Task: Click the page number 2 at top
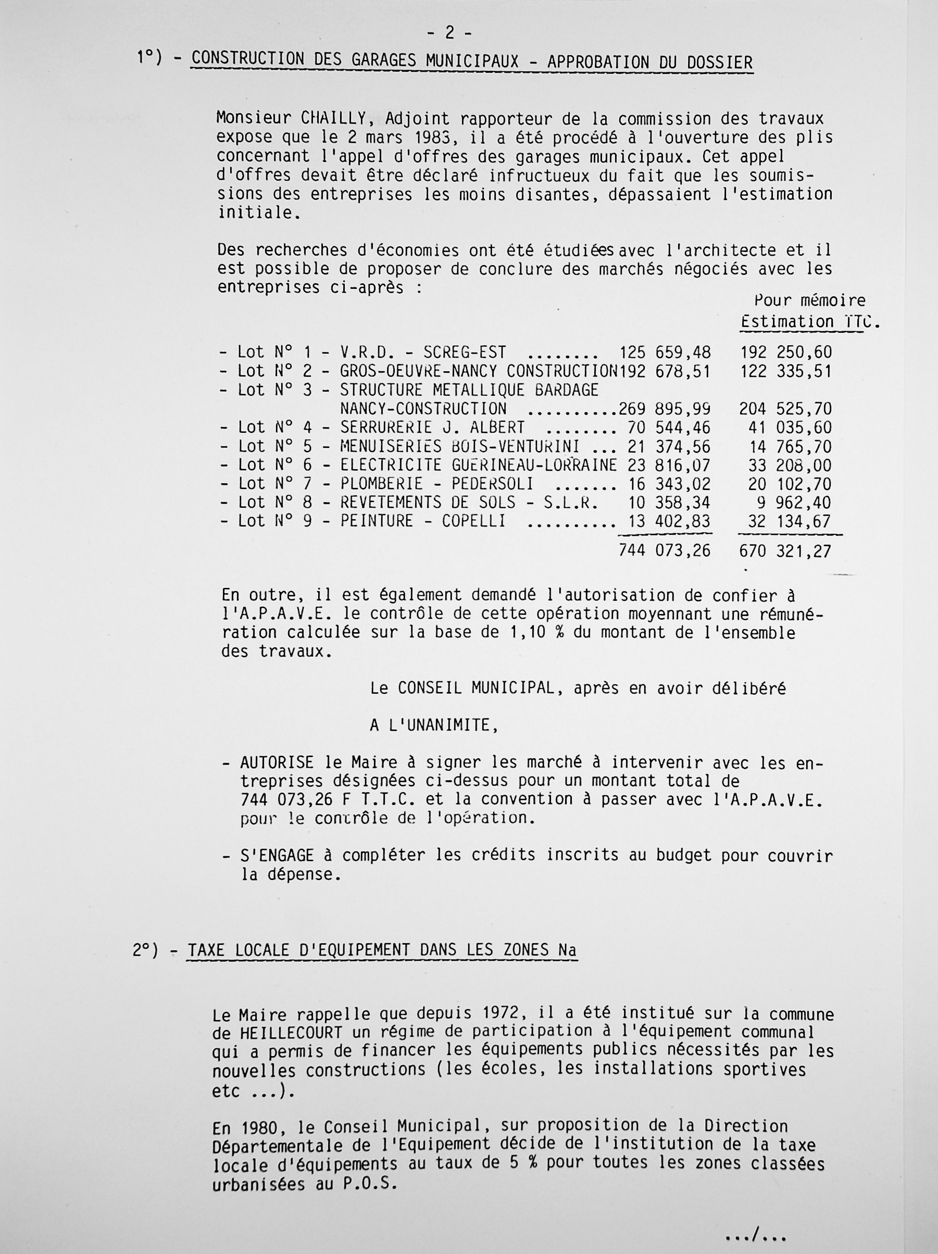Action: coord(449,33)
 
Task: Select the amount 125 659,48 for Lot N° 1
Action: coord(665,353)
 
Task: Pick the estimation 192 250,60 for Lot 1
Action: coord(785,353)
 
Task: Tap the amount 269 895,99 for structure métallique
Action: coord(665,409)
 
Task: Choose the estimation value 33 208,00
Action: coord(791,466)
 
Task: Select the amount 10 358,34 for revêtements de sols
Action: coord(669,503)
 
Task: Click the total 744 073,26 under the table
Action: coord(664,550)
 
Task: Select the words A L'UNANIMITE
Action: coord(434,725)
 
